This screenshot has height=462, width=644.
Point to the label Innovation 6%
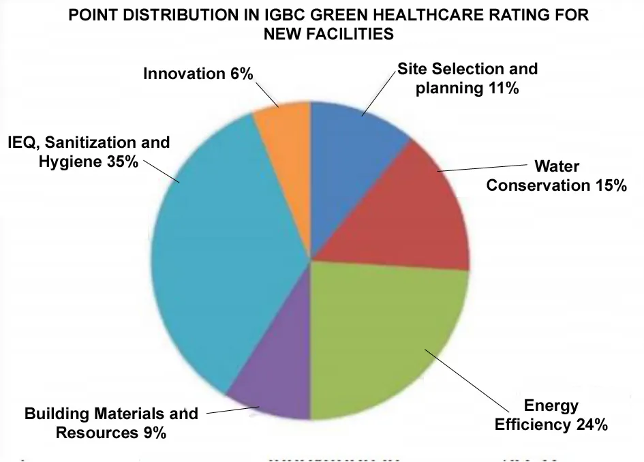[198, 74]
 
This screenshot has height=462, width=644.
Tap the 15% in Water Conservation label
[611, 185]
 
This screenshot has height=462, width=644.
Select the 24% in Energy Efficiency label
[590, 425]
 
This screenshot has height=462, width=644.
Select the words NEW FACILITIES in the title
[328, 34]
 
